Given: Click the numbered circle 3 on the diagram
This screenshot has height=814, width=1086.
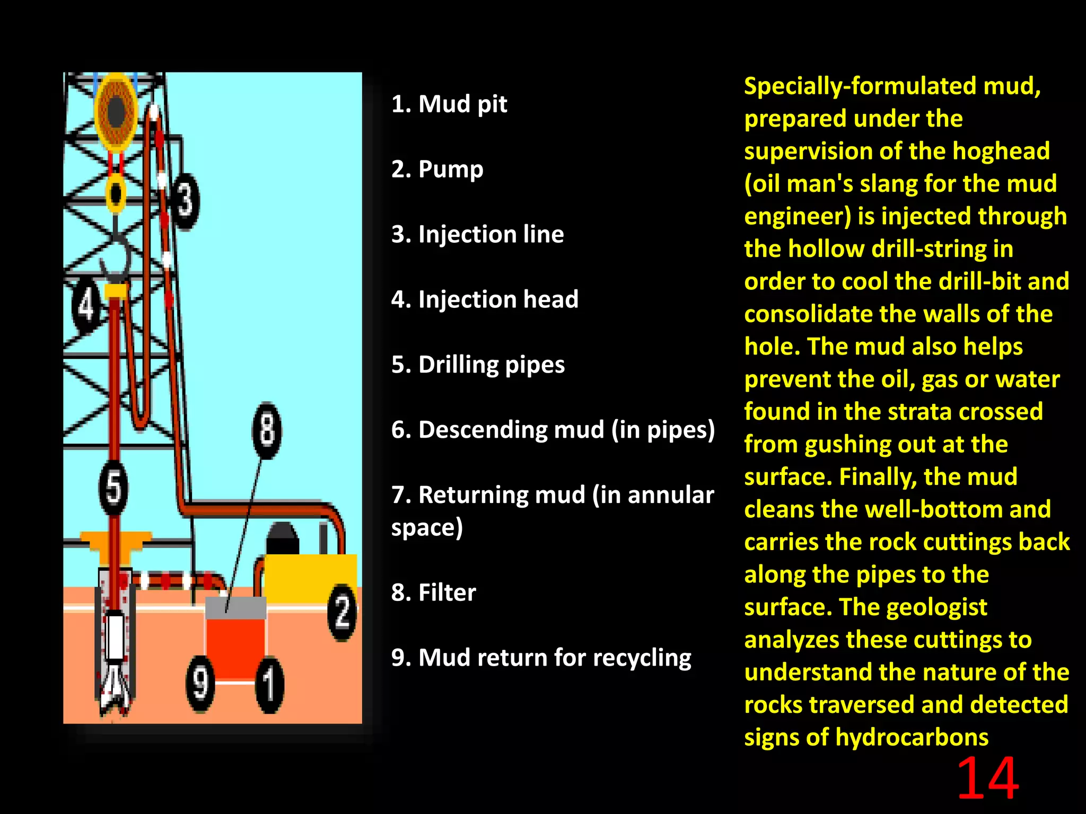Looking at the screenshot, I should [185, 201].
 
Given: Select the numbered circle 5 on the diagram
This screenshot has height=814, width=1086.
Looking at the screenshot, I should [113, 488].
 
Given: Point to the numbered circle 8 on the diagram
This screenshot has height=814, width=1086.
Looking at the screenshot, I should [267, 430].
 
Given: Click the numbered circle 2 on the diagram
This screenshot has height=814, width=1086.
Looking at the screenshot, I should [342, 612].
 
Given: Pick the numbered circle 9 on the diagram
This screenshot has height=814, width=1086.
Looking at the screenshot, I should [200, 684].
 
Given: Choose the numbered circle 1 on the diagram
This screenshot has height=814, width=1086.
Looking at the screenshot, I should [269, 685].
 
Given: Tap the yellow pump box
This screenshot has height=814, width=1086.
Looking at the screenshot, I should [310, 578].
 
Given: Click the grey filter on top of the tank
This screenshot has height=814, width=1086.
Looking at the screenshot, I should [235, 608].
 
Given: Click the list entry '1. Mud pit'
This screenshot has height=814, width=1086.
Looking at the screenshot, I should [449, 104].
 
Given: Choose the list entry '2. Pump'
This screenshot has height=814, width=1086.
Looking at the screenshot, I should [437, 169].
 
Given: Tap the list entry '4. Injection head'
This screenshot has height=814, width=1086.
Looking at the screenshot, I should [485, 299].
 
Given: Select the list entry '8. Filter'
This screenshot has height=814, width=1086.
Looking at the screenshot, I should [433, 592].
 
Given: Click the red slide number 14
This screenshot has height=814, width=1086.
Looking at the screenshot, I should [987, 779].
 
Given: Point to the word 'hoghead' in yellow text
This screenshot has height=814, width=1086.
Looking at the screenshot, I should [1001, 151].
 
